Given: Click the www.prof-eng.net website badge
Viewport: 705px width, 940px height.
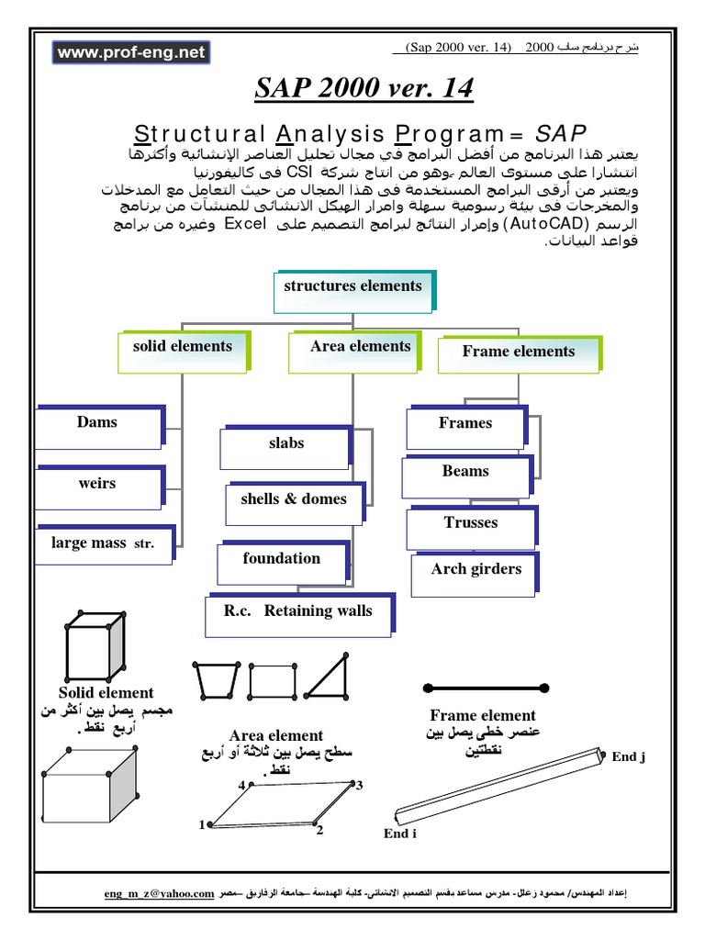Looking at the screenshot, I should [131, 53].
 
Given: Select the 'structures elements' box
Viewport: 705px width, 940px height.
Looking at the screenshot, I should [353, 290].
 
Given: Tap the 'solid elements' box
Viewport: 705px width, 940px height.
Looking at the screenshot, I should [183, 352].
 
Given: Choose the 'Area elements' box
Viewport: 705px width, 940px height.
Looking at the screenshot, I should [360, 352].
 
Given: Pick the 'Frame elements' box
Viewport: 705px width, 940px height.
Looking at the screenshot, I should [519, 355].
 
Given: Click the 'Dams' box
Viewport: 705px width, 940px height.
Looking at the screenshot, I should [98, 428].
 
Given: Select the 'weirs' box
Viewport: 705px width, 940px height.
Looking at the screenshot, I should [98, 487].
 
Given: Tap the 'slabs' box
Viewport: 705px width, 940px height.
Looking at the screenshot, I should [286, 447].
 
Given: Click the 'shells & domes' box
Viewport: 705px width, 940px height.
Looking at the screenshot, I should [294, 504].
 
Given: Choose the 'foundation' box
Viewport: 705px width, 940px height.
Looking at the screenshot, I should [282, 563].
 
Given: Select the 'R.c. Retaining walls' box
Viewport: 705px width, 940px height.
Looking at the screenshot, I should [298, 615].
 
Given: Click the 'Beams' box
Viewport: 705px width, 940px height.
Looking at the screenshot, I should [466, 476].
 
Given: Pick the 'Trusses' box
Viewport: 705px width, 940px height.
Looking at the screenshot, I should [471, 527].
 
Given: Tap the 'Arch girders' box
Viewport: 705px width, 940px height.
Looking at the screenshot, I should [476, 574].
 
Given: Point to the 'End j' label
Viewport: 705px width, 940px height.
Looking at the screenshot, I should [629, 756].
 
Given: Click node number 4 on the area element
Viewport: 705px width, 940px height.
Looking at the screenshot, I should [242, 786].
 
